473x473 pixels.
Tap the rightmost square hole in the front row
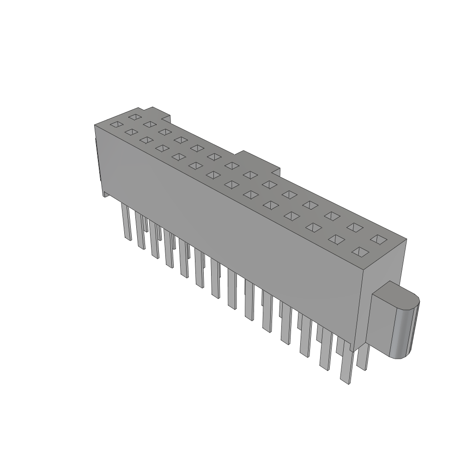360,252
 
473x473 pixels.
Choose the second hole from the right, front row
336,239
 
